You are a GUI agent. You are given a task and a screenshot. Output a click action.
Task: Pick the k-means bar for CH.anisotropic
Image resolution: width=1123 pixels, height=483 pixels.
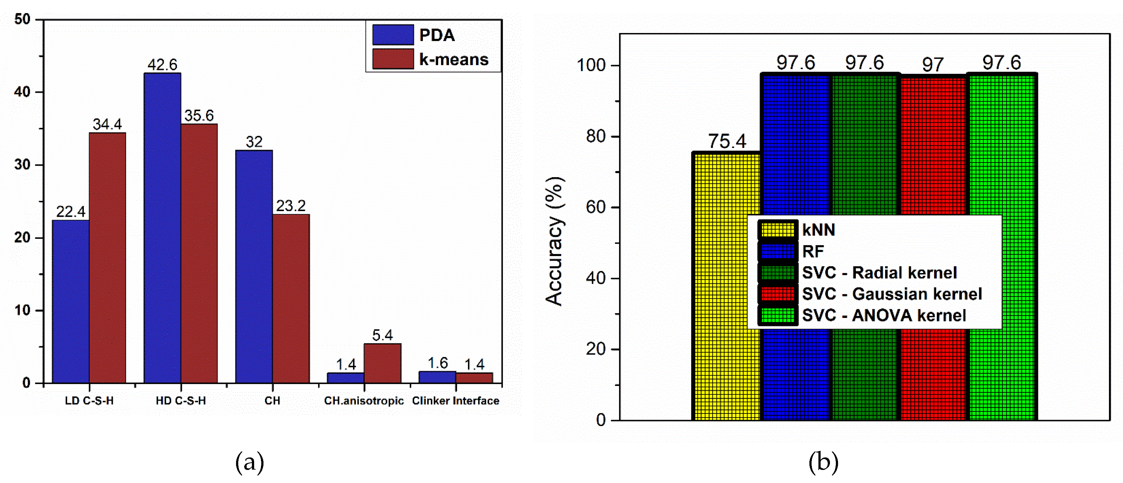click(382, 363)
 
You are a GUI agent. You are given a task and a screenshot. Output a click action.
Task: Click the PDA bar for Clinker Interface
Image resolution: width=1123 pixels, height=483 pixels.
click(437, 377)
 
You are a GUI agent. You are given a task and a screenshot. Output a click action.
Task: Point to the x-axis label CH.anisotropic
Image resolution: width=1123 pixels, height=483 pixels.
click(363, 400)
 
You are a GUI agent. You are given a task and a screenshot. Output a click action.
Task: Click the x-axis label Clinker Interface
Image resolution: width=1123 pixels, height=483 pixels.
click(456, 400)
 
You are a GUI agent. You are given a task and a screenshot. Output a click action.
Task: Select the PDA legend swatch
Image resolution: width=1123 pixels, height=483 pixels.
click(393, 35)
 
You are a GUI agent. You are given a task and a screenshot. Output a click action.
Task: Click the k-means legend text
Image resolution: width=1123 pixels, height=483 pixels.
click(453, 59)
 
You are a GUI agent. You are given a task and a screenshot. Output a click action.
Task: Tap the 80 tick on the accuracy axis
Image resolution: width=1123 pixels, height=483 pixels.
click(596, 136)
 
